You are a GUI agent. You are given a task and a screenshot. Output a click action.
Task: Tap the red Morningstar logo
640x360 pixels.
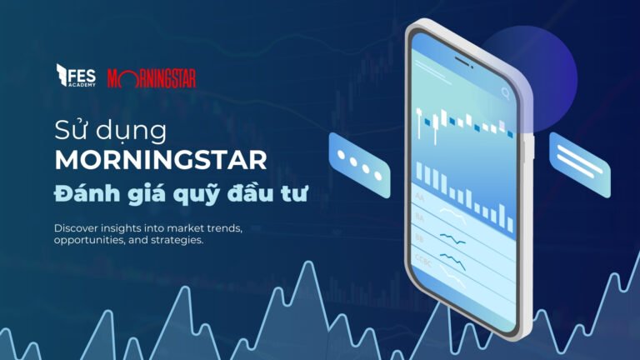coord(152,77)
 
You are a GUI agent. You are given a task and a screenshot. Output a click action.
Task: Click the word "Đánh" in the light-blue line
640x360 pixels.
coord(87,192)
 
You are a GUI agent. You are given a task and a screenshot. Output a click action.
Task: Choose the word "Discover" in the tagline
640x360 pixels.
coord(77,227)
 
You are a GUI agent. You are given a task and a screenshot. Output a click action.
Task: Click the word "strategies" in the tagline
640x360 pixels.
coord(174,240)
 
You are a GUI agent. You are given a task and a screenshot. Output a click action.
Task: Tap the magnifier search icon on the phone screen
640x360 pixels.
coord(506,94)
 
